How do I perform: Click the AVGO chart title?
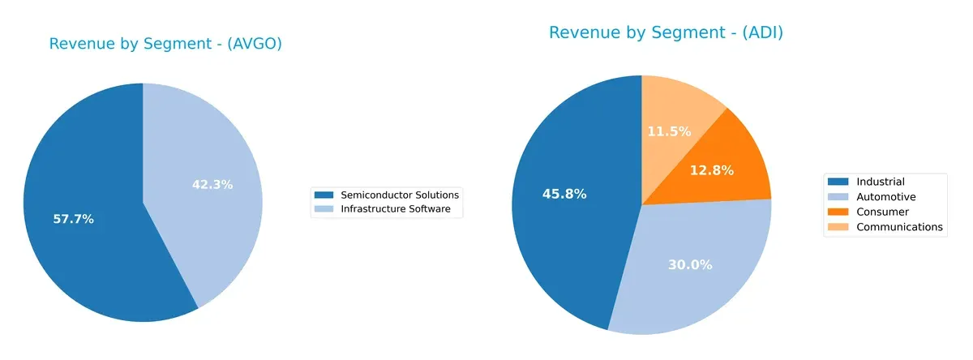165,44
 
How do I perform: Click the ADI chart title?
666,32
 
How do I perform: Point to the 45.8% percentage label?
564,194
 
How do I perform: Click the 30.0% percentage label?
689,264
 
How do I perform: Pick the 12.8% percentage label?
711,170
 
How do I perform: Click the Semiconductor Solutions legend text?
400,195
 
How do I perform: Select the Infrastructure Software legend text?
401,209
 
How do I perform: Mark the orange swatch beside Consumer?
839,212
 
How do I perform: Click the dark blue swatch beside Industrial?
839,182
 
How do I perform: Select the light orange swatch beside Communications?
839,228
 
